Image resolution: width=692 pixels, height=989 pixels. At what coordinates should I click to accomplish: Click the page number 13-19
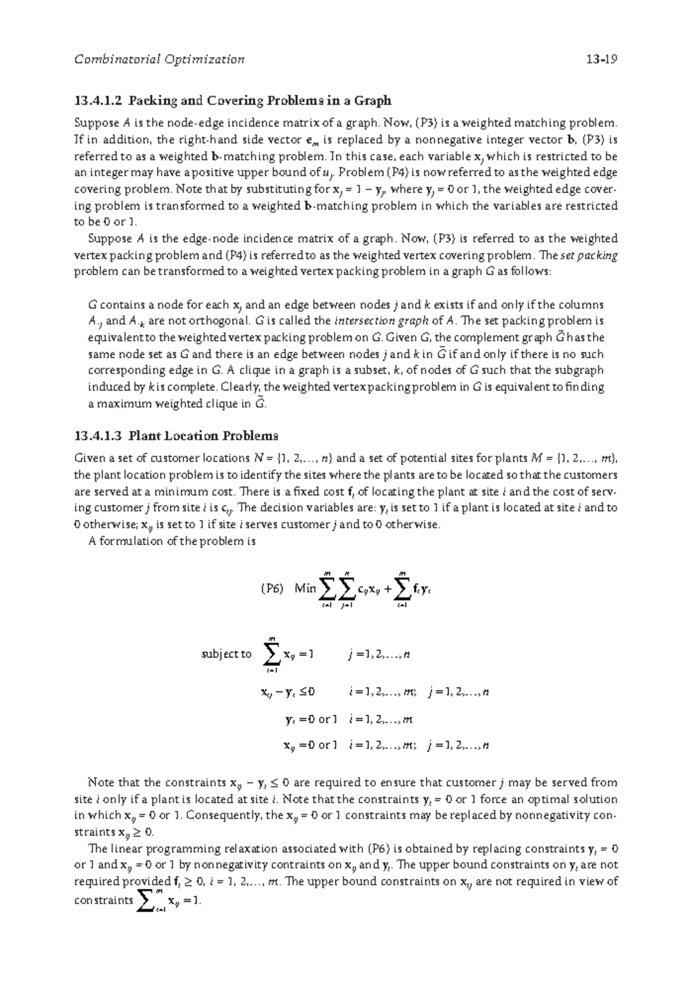click(x=600, y=59)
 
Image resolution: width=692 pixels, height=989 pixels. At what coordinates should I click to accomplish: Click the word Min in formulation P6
click(x=305, y=589)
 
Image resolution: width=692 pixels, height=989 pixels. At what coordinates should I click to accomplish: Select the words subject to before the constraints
click(x=226, y=654)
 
